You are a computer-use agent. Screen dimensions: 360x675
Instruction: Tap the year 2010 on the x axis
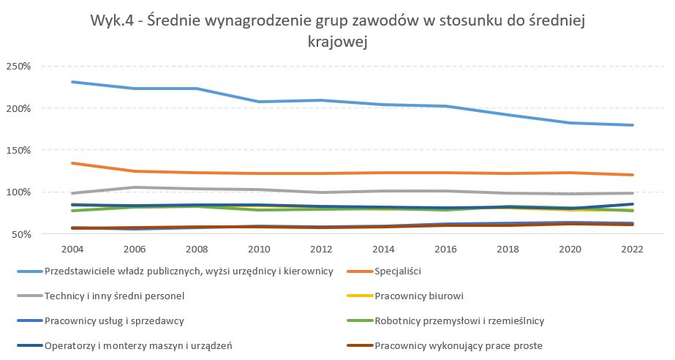click(259, 249)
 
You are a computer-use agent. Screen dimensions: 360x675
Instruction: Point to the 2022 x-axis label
click(631, 249)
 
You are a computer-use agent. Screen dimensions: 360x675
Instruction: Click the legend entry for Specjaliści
click(401, 271)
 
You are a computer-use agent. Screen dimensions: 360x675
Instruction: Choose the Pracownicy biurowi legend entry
click(419, 296)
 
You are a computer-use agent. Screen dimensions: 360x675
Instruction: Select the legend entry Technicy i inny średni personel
click(114, 296)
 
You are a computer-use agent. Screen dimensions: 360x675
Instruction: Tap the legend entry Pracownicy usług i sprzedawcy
click(114, 320)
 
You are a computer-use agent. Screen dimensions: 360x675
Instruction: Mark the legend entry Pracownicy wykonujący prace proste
click(458, 345)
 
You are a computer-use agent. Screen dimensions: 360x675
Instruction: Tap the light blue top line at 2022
click(631, 125)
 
